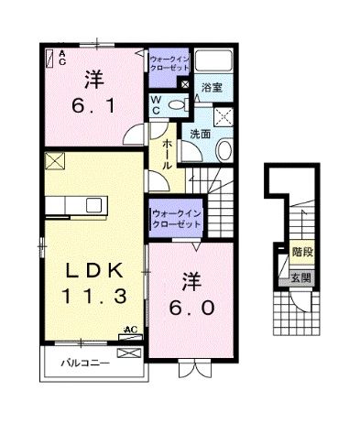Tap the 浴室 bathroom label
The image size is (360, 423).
(x=213, y=89)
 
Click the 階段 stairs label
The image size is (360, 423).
(x=300, y=250)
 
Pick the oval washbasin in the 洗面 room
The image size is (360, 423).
(x=225, y=152)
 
